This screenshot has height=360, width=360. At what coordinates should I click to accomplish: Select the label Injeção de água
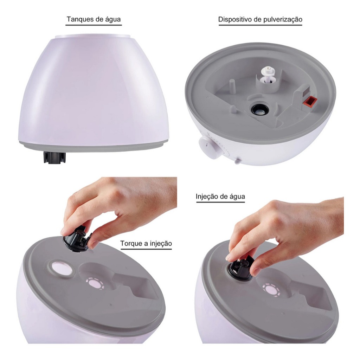pyautogui.click(x=220, y=197)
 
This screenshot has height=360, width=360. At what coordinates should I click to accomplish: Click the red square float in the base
pyautogui.click(x=310, y=101)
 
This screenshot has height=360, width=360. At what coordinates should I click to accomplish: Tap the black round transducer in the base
pyautogui.click(x=259, y=110)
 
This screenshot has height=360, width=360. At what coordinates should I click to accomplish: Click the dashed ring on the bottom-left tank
pyautogui.click(x=95, y=284)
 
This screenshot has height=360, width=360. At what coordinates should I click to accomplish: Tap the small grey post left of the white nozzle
pyautogui.click(x=232, y=85)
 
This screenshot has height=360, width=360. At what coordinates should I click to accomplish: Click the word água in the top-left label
pyautogui.click(x=113, y=19)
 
